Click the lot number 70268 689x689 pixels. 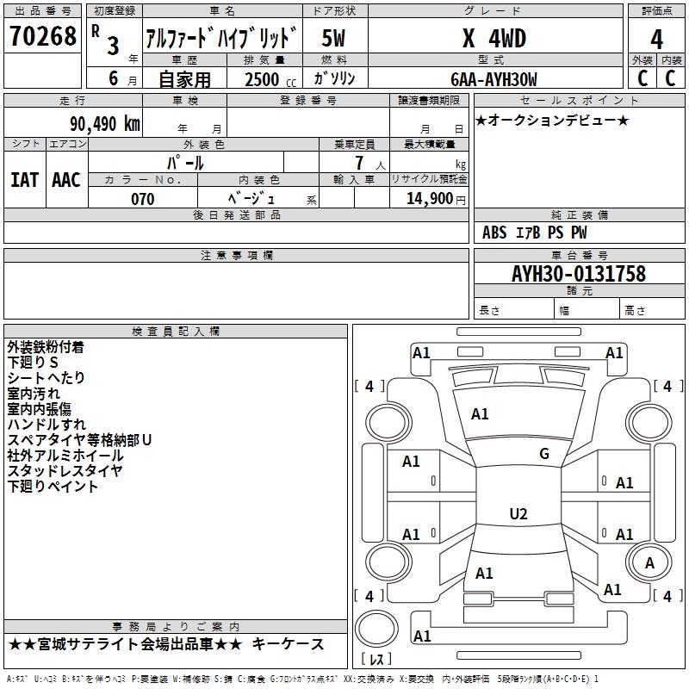point(42,36)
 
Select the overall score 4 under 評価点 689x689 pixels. point(656,40)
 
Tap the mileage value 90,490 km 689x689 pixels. point(105,124)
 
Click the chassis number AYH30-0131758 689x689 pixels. point(579,274)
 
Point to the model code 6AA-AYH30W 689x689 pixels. point(493,79)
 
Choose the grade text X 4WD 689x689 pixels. point(494,39)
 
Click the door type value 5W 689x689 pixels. point(333,38)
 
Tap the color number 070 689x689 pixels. point(143,199)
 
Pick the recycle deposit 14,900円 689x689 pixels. point(436,199)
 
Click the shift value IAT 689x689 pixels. point(25,180)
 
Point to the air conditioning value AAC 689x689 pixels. point(66,180)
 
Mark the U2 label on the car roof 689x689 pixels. point(518,513)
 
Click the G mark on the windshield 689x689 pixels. point(544,454)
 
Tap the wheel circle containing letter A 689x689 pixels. point(649,562)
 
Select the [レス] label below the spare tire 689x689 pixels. point(376,659)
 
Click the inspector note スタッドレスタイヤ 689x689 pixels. point(65,470)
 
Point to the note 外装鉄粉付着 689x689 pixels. point(46,347)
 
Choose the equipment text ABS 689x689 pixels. point(494,233)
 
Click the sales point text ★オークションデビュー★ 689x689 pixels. point(552,120)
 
